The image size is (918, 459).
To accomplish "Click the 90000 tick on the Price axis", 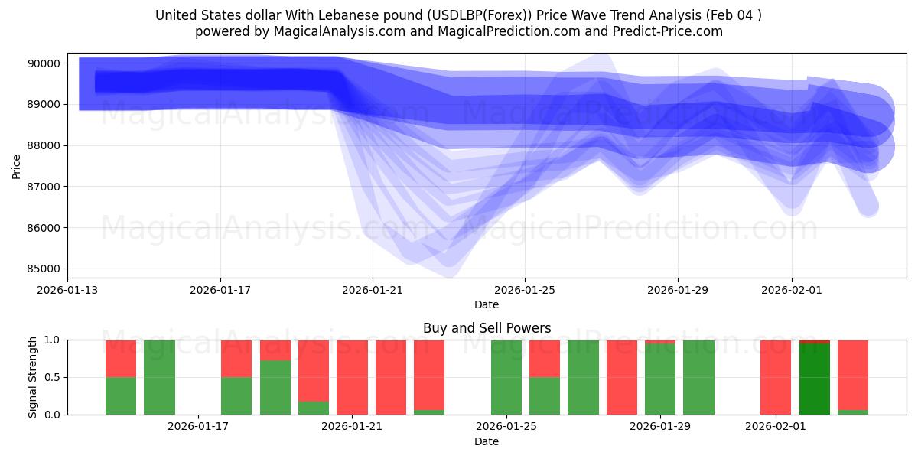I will tap(44, 63).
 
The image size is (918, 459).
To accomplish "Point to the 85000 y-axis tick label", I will tap(44, 269).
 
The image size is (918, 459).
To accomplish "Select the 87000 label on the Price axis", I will tap(44, 187).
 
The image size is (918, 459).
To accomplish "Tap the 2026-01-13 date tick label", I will tap(67, 290).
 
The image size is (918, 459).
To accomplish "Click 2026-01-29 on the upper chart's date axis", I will tap(677, 290).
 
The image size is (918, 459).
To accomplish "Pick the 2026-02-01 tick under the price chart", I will tap(791, 290).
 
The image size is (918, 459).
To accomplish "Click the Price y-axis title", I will tap(17, 165).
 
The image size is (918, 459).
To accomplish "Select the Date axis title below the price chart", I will tap(487, 304).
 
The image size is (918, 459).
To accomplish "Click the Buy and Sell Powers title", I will tap(487, 328).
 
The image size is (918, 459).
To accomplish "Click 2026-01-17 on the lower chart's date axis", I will tap(198, 427).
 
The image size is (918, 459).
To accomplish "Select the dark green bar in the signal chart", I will tap(815, 379).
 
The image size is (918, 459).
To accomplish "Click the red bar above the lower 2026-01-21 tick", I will tap(352, 377).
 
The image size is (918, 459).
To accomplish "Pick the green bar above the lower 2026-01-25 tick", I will tap(506, 377).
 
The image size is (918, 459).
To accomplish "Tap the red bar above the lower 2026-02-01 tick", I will tap(776, 377).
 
